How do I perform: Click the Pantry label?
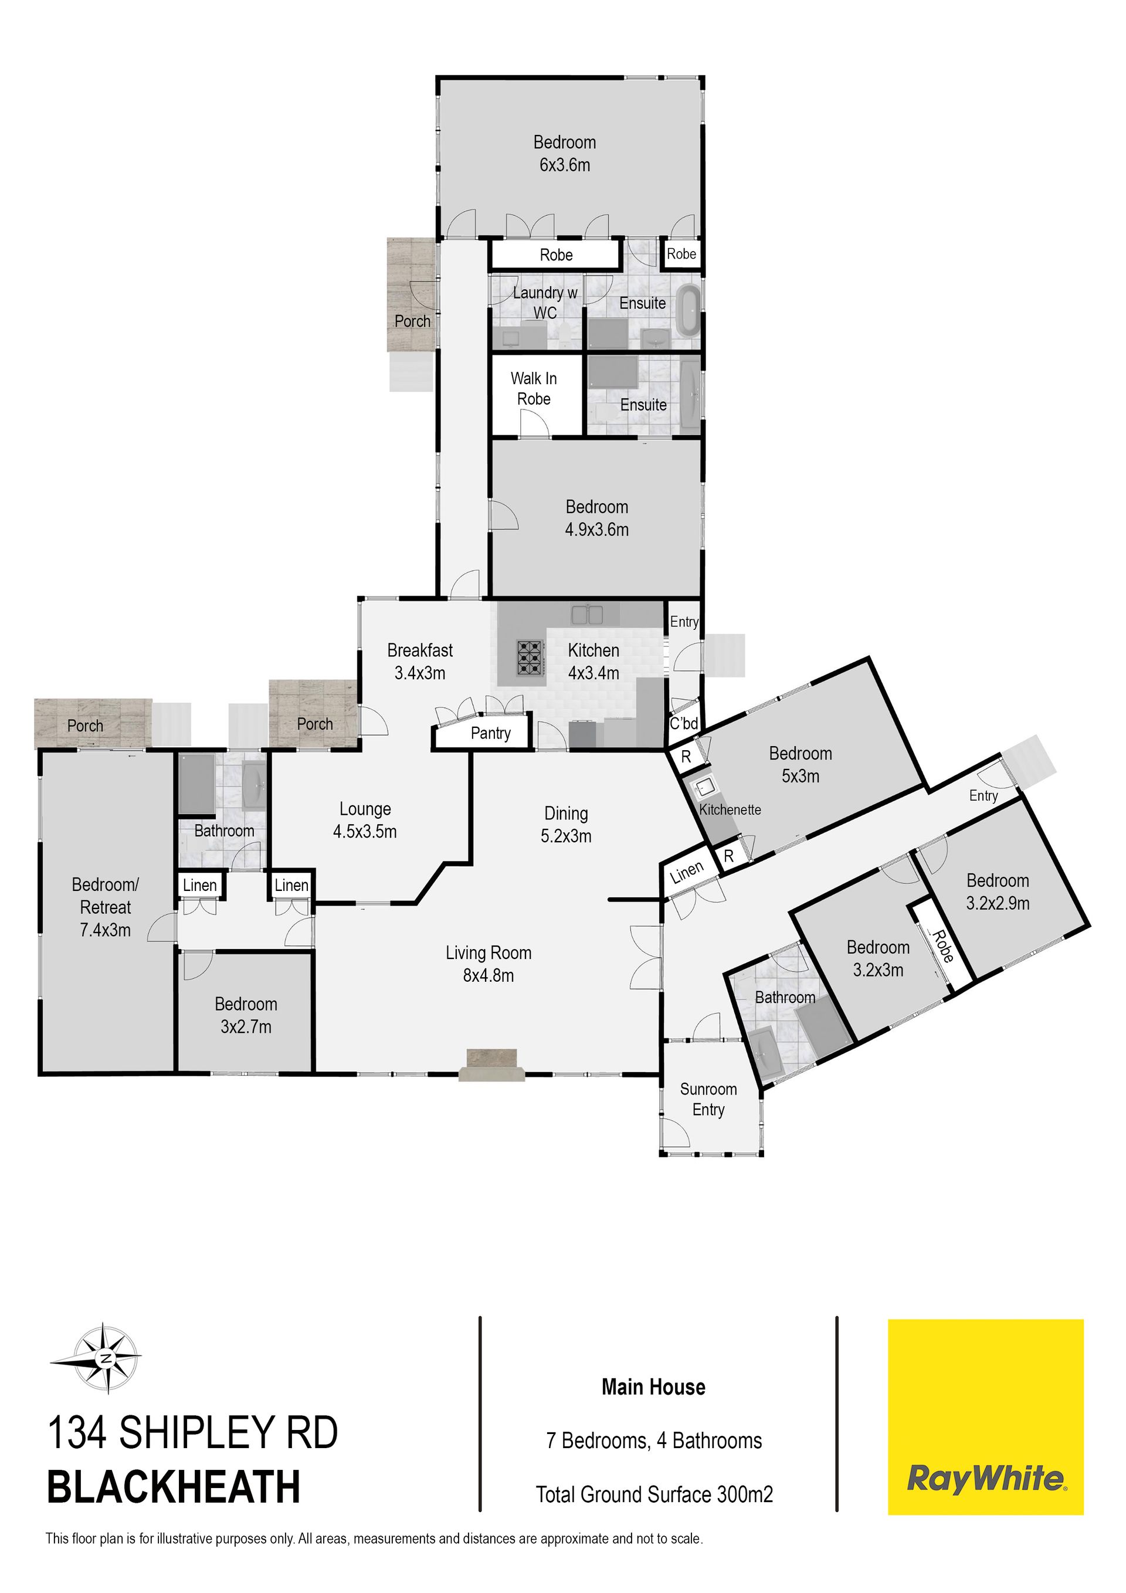coord(490,733)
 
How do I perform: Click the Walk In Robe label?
coord(534,388)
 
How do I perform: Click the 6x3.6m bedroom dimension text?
coord(565,165)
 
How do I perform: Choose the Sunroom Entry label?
coord(708,1099)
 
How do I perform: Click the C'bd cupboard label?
coord(683,724)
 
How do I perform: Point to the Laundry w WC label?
coord(545,303)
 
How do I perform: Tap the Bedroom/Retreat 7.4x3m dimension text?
coord(106,930)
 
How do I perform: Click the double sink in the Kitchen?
coord(587,614)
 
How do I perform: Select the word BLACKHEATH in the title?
coord(174,1487)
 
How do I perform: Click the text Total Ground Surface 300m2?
coord(654,1494)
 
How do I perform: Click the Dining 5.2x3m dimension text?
coord(566,836)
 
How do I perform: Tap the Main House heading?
coord(653,1387)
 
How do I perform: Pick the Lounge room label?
coord(365,809)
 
